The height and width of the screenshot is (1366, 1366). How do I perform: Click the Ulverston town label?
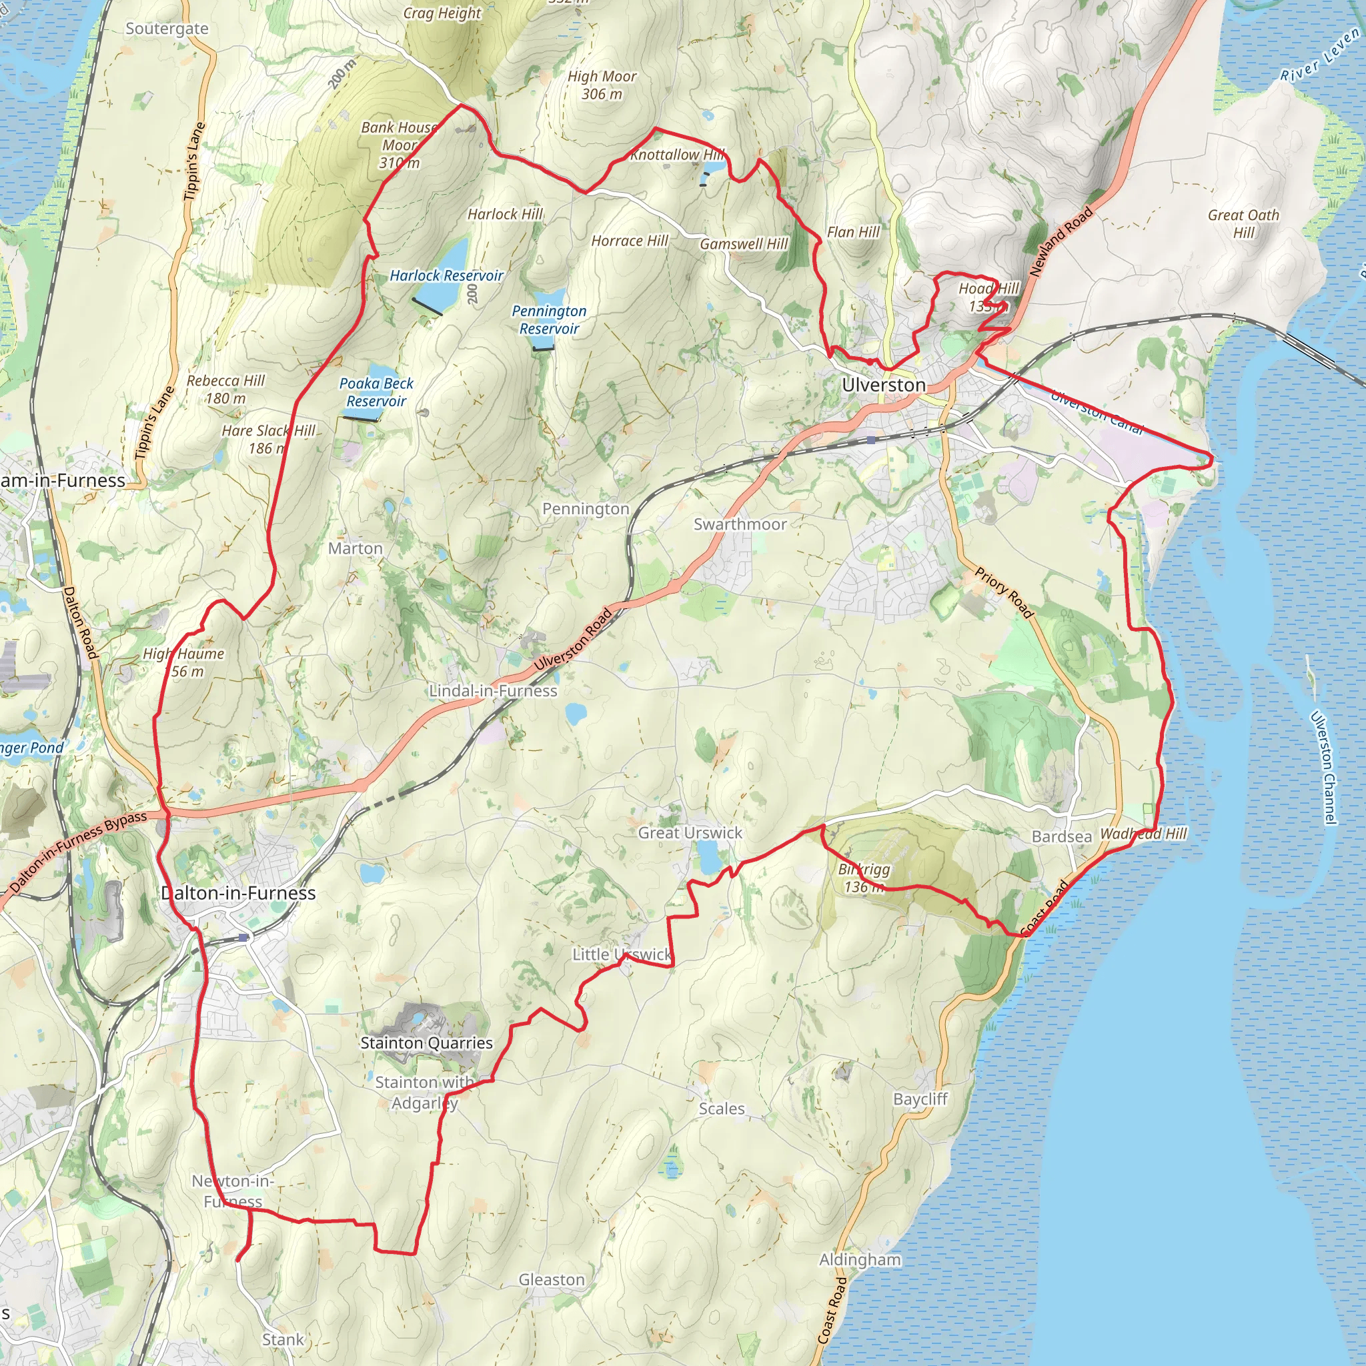[884, 386]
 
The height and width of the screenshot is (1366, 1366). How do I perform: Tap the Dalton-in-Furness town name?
[238, 893]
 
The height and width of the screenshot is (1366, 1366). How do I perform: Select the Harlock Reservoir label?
[446, 275]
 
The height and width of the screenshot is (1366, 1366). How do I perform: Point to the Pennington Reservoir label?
[549, 319]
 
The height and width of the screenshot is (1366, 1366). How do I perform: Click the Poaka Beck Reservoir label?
[376, 392]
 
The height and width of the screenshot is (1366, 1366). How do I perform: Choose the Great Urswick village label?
[690, 833]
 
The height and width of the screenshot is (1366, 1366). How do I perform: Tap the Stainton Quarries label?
[426, 1043]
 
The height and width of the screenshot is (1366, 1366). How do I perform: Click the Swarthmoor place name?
[740, 524]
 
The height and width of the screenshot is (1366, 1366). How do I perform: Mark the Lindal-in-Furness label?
[493, 691]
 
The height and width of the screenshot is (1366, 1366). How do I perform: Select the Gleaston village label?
[552, 1280]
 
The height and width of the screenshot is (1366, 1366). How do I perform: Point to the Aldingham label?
[860, 1259]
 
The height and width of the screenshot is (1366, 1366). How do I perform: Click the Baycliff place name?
[920, 1099]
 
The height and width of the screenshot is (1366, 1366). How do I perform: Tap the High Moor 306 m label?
[602, 85]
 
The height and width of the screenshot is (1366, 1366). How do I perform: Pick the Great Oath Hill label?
[1243, 223]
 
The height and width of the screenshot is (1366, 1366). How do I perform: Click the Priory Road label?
[1004, 592]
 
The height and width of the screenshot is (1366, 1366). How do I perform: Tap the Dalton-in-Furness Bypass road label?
[78, 852]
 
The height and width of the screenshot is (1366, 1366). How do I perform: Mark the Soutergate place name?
[167, 29]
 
